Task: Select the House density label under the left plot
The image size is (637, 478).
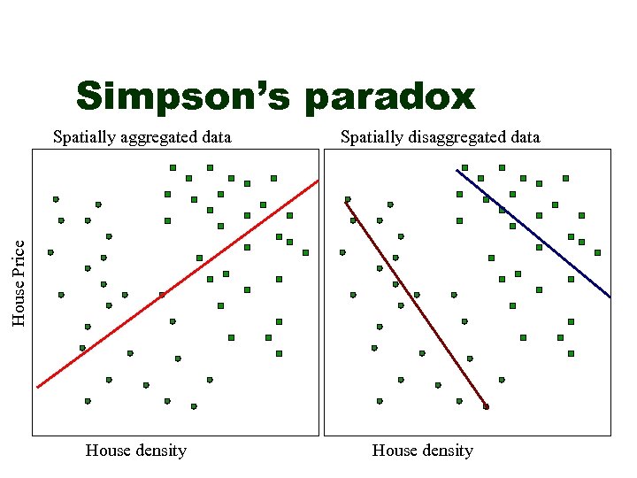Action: click(x=136, y=451)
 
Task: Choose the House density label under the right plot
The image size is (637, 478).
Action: click(x=423, y=451)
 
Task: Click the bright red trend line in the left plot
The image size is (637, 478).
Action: click(x=177, y=283)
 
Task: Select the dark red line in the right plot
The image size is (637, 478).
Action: click(x=416, y=305)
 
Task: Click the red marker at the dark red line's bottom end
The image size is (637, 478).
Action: click(x=486, y=406)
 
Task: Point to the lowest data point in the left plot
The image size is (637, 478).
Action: click(x=194, y=406)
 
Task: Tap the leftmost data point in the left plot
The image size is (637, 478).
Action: click(x=50, y=252)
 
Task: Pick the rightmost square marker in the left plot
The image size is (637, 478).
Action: click(x=305, y=252)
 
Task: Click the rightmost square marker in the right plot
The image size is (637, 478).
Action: click(x=597, y=252)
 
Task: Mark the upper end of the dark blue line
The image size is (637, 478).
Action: click(x=457, y=170)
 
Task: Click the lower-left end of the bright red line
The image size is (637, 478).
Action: click(x=38, y=387)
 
